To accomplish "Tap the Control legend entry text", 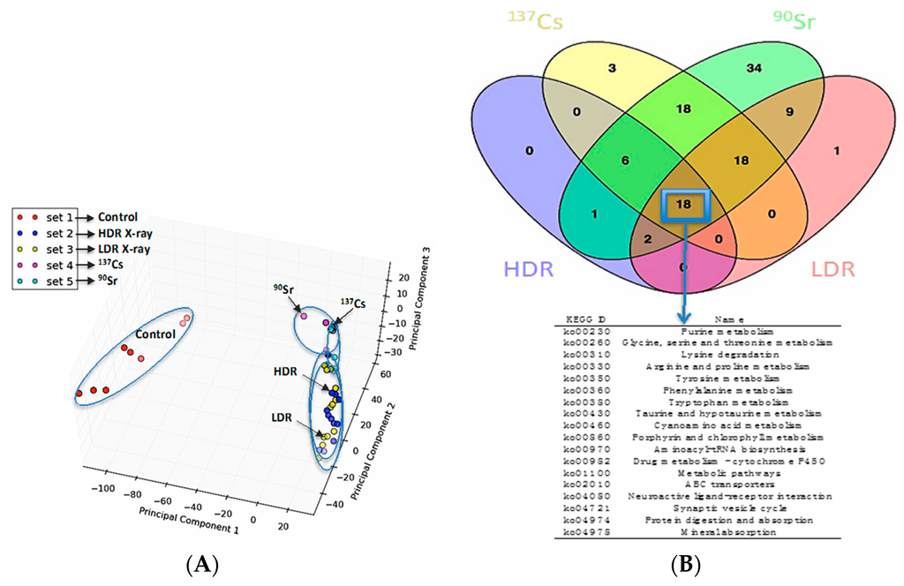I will [x=117, y=217].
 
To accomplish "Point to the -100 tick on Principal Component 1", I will [x=105, y=487].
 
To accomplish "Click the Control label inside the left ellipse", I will [x=156, y=334].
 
